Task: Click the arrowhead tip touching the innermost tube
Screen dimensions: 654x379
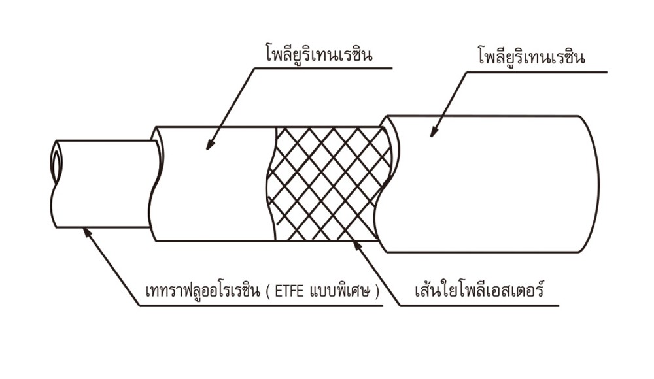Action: pos(84,227)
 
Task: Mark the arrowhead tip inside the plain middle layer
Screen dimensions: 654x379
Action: pos(207,149)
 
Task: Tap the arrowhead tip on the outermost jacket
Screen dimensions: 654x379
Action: pos(432,137)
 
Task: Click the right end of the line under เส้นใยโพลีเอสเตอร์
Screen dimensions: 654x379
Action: pos(559,306)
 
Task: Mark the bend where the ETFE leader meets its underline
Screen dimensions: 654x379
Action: pos(140,306)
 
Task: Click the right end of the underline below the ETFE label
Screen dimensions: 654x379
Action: pos(383,306)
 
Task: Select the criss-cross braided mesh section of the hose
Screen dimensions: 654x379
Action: pos(330,184)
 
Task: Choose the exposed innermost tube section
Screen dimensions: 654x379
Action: pos(104,184)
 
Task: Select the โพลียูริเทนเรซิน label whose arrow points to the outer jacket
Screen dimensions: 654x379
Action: pos(531,56)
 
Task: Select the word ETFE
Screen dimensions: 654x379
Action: pos(291,291)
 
